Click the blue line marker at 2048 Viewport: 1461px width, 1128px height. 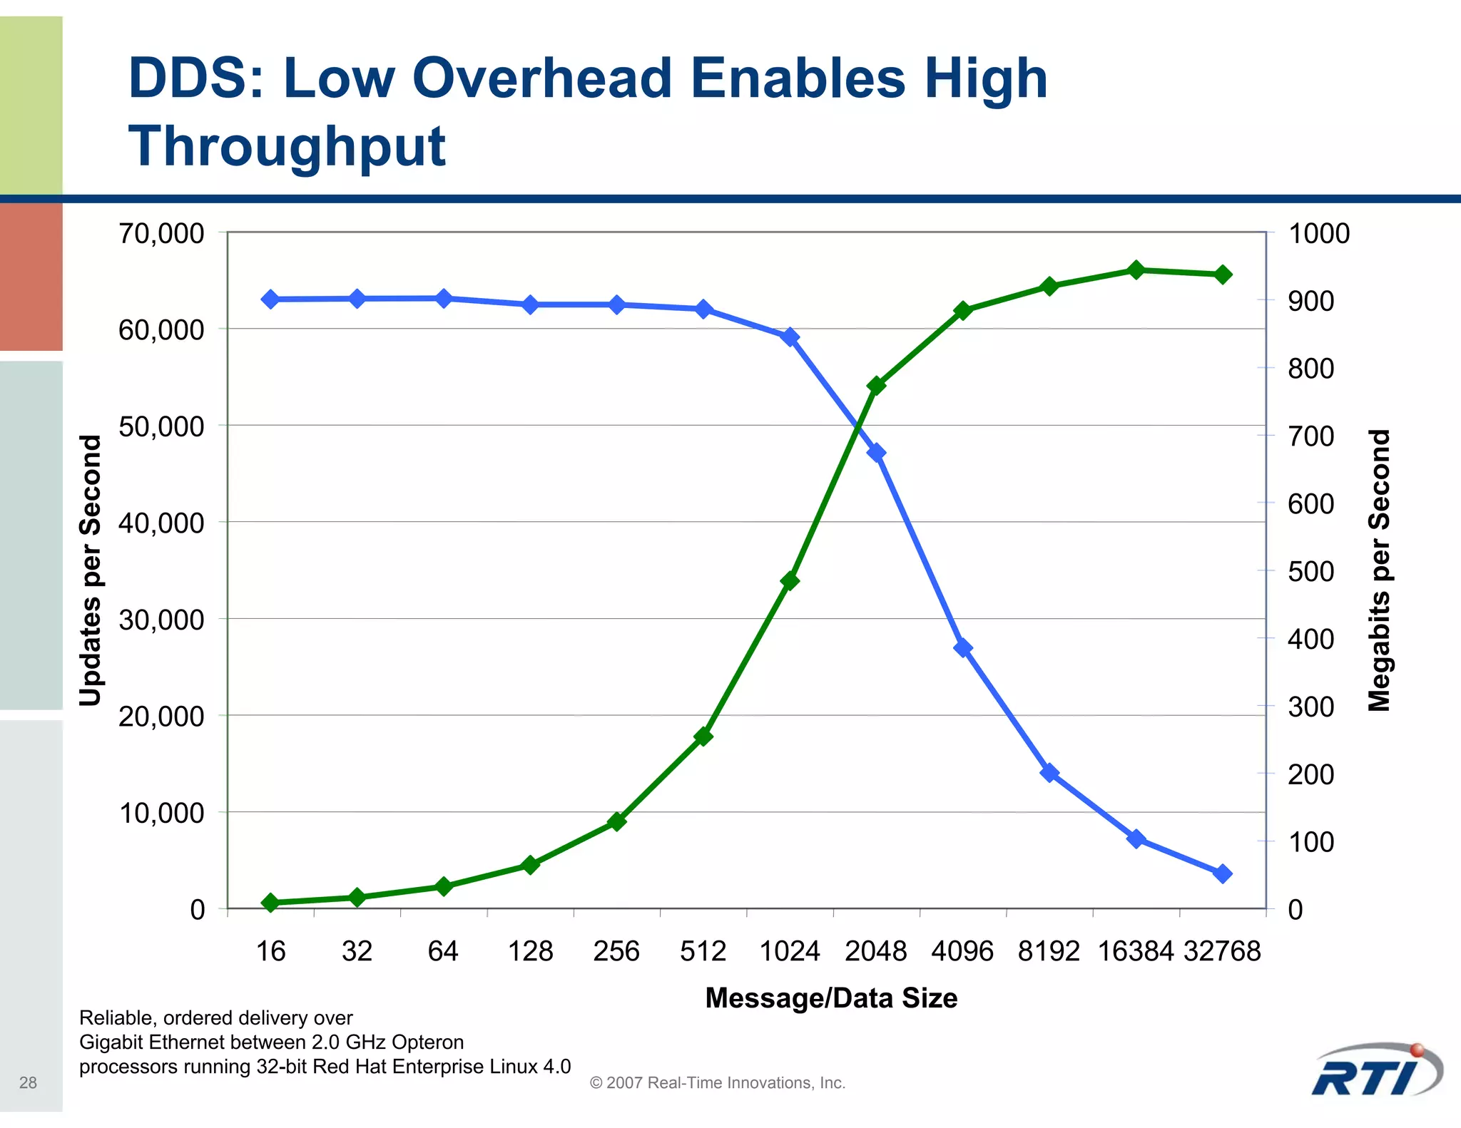(x=877, y=453)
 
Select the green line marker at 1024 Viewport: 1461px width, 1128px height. (x=790, y=581)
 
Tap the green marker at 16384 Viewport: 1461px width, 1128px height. (x=1136, y=270)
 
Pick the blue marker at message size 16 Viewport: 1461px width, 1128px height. (x=270, y=299)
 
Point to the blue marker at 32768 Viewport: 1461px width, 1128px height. (x=1223, y=873)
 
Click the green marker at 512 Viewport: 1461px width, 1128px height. (x=703, y=736)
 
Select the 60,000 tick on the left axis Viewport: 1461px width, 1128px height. (x=161, y=330)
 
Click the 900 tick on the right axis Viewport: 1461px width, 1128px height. (x=1311, y=301)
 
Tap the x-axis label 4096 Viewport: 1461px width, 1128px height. (x=962, y=951)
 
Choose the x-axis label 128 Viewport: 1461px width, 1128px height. (x=530, y=951)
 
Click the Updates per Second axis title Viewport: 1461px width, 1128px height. (x=91, y=570)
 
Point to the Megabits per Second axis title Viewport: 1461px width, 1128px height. (x=1380, y=570)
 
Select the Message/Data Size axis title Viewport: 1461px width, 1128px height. (x=831, y=998)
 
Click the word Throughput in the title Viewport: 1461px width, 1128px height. (x=287, y=147)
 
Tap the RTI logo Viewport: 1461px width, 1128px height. (x=1377, y=1072)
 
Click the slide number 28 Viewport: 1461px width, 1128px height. (x=28, y=1082)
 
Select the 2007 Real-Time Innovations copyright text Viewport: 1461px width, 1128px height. (x=718, y=1082)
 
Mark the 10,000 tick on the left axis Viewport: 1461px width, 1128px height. (x=161, y=813)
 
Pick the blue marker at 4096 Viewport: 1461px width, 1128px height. (x=963, y=647)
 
